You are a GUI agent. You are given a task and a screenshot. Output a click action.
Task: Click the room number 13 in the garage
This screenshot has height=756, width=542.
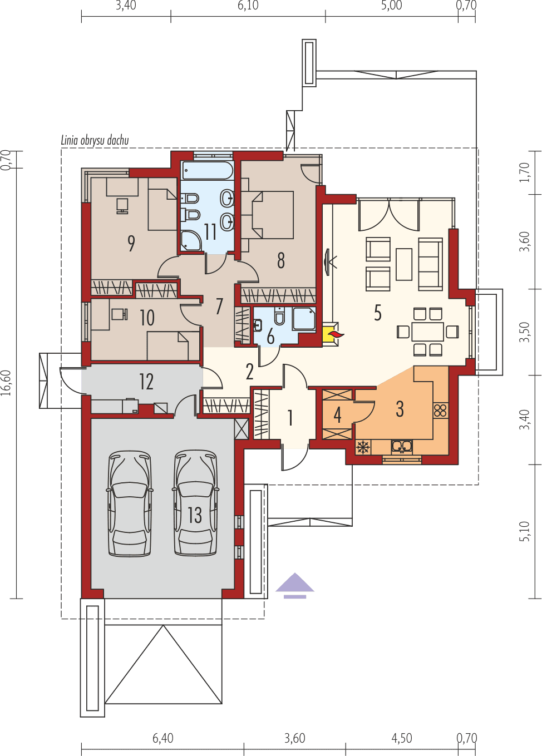coord(195,515)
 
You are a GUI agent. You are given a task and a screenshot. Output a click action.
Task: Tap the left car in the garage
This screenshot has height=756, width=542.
coord(130,503)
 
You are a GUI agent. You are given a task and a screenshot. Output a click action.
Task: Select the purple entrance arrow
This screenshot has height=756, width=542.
coord(295,584)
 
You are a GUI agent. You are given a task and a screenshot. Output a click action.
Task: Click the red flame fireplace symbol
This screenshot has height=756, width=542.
coord(336,334)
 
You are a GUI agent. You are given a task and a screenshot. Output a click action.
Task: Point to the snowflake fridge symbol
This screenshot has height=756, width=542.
coord(363,447)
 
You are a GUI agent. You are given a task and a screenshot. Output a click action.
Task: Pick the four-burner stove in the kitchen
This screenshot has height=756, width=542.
coord(440,411)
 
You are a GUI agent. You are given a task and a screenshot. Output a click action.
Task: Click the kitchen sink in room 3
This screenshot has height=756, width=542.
coord(401,446)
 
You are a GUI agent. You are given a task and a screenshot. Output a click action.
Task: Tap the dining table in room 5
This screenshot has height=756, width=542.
coord(427,332)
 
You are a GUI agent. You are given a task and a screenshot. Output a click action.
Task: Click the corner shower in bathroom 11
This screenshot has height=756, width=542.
coord(191,240)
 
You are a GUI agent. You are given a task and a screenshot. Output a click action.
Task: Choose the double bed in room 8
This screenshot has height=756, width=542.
coord(272,215)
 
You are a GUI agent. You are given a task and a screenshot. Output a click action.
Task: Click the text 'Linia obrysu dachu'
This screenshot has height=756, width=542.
coord(95,140)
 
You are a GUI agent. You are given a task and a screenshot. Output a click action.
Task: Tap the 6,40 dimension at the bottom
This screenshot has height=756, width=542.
coord(162,738)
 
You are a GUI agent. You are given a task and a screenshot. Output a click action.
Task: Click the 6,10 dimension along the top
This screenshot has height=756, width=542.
coord(248,6)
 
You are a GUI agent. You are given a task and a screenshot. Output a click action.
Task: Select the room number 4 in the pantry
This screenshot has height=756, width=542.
coord(337,414)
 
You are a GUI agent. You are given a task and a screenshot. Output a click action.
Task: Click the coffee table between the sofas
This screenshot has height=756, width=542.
coord(404,264)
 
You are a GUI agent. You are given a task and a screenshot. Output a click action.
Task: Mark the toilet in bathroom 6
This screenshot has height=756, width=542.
coord(279,318)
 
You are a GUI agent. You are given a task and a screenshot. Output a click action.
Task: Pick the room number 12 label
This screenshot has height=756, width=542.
coord(146,382)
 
